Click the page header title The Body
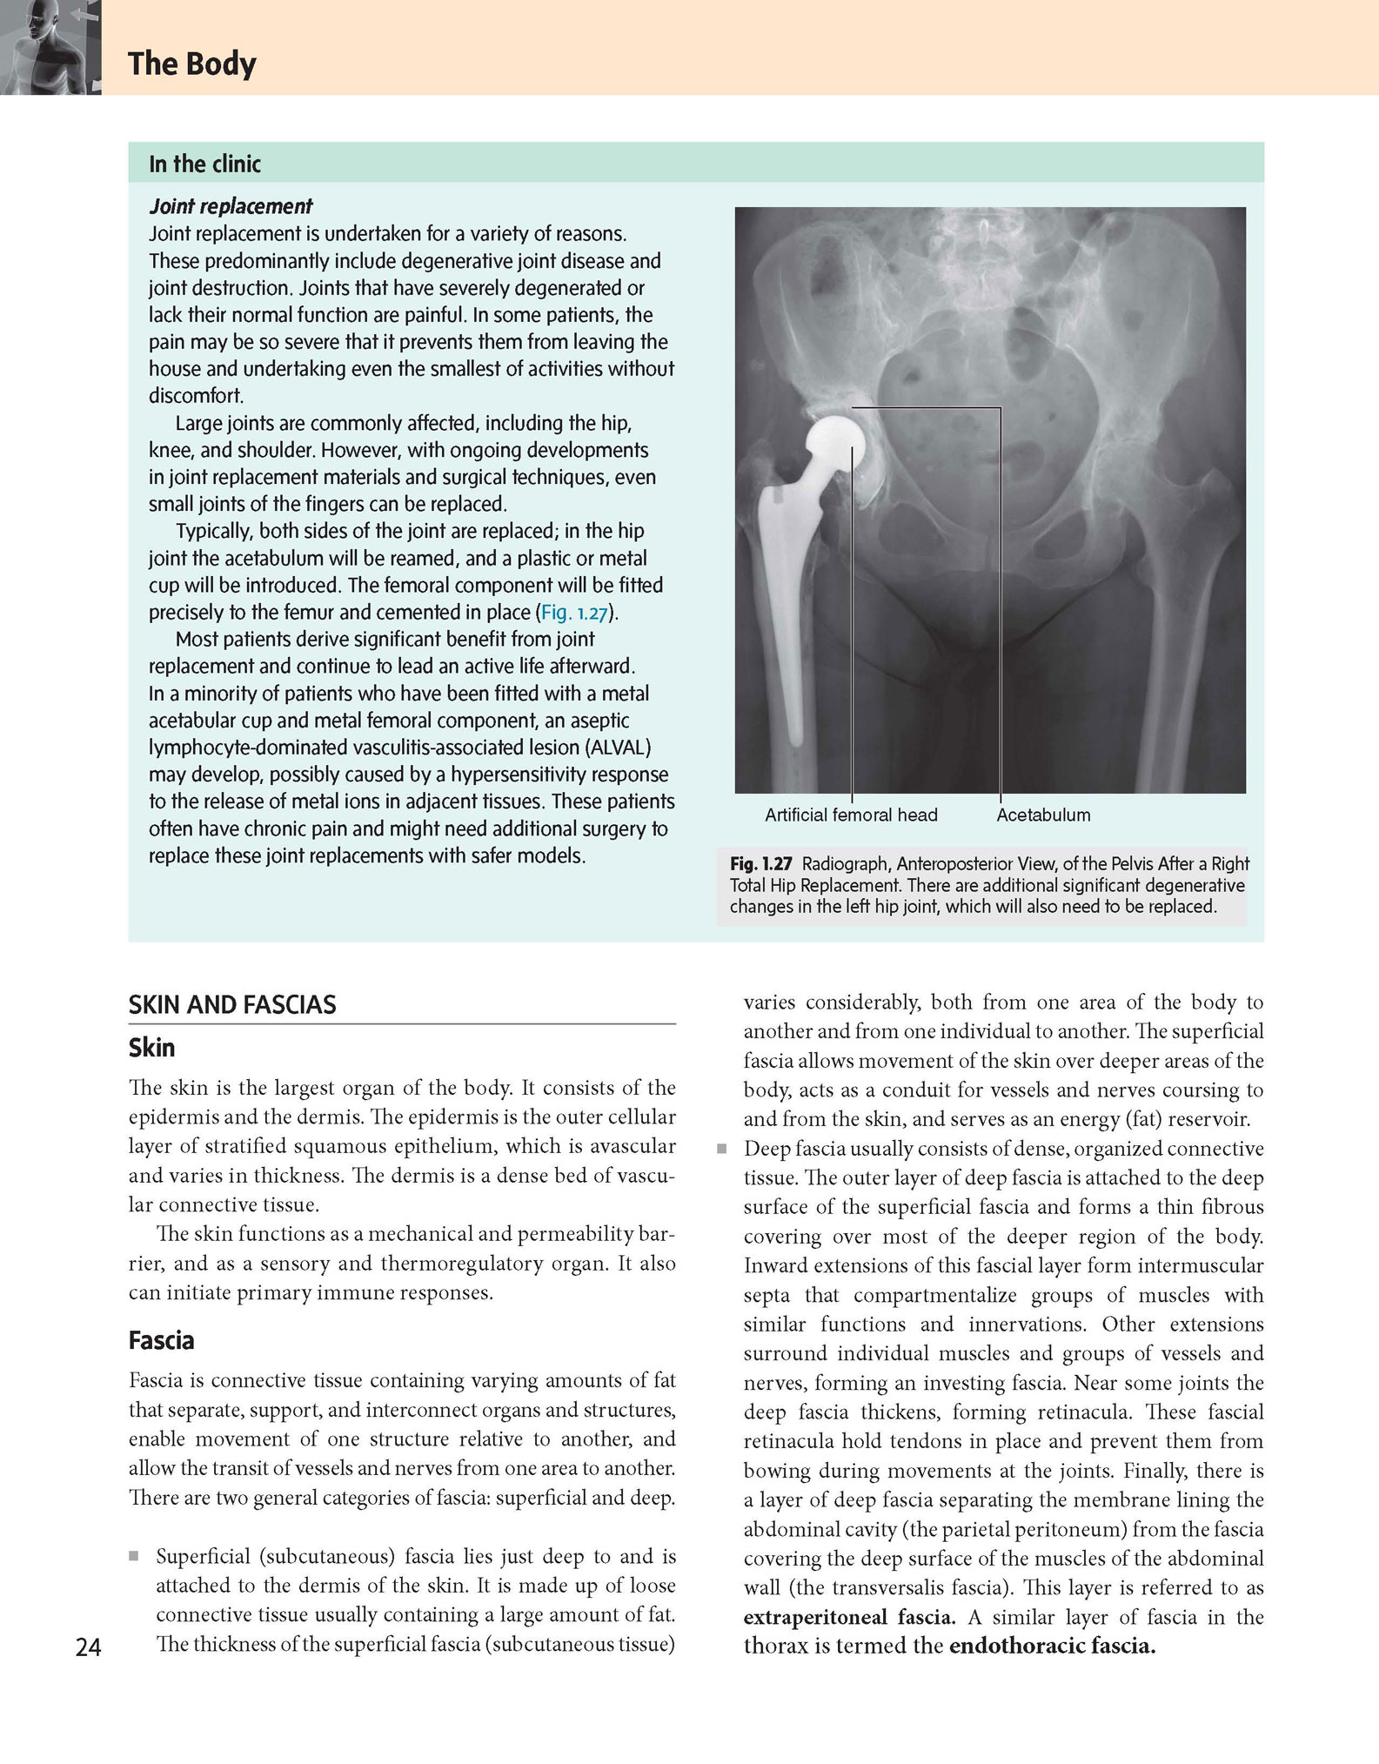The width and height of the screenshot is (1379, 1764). click(191, 64)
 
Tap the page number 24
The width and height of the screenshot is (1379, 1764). click(88, 1647)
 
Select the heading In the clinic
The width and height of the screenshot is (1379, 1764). click(204, 164)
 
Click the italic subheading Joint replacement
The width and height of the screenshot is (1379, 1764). click(231, 206)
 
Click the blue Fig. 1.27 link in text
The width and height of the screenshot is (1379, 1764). click(573, 613)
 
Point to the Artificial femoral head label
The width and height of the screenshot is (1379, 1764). click(850, 815)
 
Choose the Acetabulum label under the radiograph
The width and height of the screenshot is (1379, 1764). click(1042, 815)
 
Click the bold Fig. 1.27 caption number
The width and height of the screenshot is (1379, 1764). click(760, 864)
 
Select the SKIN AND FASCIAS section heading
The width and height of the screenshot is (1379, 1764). click(232, 1005)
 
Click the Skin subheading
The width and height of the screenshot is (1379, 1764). click(151, 1048)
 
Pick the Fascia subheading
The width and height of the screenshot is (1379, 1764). click(161, 1340)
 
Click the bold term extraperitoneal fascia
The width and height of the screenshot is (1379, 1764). click(848, 1618)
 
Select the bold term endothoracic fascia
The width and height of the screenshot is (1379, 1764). click(1052, 1647)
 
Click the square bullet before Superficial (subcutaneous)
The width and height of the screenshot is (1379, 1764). click(133, 1556)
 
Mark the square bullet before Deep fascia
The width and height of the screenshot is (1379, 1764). click(721, 1149)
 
